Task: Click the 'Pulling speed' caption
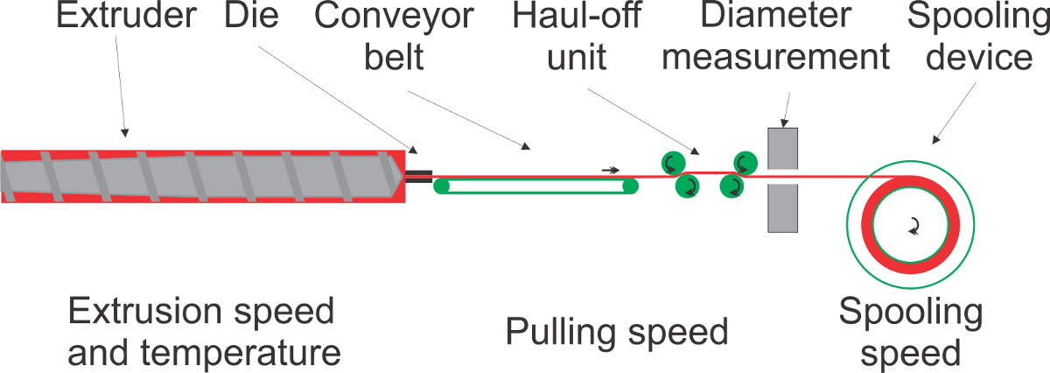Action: tap(617, 332)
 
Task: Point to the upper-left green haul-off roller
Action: tap(672, 163)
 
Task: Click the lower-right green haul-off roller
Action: tap(731, 186)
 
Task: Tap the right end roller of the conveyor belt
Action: tap(630, 186)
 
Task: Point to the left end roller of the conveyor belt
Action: tap(443, 186)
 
